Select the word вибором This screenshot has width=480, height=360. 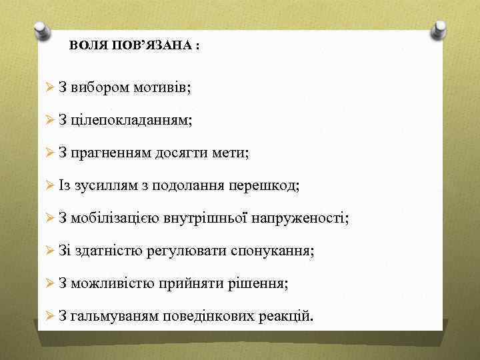pyautogui.click(x=99, y=87)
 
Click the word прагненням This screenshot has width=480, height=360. pyautogui.click(x=111, y=153)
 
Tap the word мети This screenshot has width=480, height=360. pyautogui.click(x=231, y=153)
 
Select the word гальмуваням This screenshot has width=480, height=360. pyautogui.click(x=114, y=316)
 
